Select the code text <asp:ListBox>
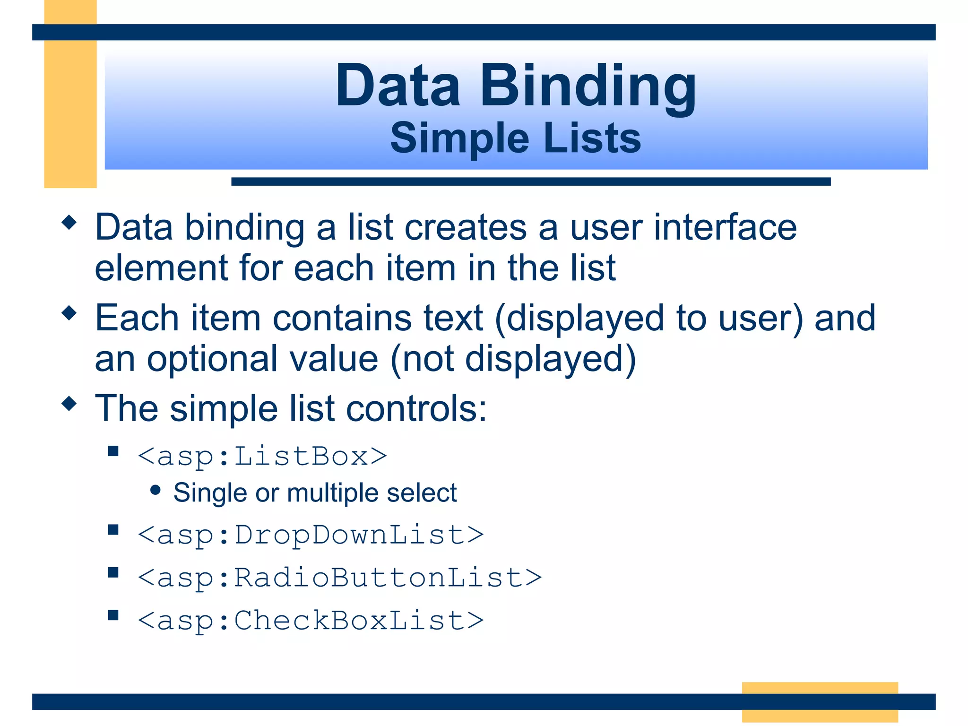pyautogui.click(x=262, y=457)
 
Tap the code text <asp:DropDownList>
pyautogui.click(x=311, y=535)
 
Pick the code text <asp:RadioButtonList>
pyautogui.click(x=339, y=578)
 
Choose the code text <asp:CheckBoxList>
pyautogui.click(x=311, y=620)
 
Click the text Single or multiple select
pyautogui.click(x=315, y=493)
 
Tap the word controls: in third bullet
pyautogui.click(x=416, y=408)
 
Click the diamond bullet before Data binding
pyautogui.click(x=69, y=222)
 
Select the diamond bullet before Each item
pyautogui.click(x=69, y=313)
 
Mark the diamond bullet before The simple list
pyautogui.click(x=69, y=403)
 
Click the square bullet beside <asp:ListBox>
pyautogui.click(x=113, y=451)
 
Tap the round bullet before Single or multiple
pyautogui.click(x=156, y=490)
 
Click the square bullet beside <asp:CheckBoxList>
pyautogui.click(x=113, y=615)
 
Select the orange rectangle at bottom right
pyautogui.click(x=820, y=702)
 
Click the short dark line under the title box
pyautogui.click(x=530, y=181)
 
